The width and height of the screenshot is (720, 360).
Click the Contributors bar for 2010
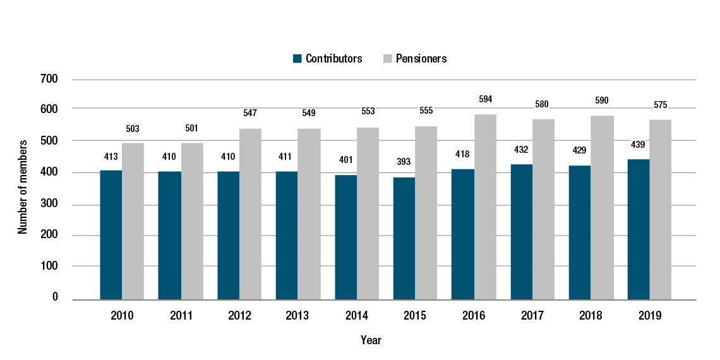click(111, 234)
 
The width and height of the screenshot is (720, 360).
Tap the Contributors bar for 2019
click(638, 229)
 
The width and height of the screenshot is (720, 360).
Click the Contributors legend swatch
click(297, 59)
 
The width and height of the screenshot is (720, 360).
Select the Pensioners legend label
click(421, 59)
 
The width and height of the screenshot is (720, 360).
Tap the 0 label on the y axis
click(55, 297)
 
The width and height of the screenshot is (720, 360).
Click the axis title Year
click(371, 340)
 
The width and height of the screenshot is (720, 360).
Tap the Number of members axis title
click(23, 188)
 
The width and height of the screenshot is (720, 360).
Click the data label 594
click(485, 99)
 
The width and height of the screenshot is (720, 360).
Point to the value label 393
click(404, 162)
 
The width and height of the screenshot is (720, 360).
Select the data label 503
click(133, 129)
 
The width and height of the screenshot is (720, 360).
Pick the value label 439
click(638, 144)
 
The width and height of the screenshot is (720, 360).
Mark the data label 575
click(661, 104)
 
